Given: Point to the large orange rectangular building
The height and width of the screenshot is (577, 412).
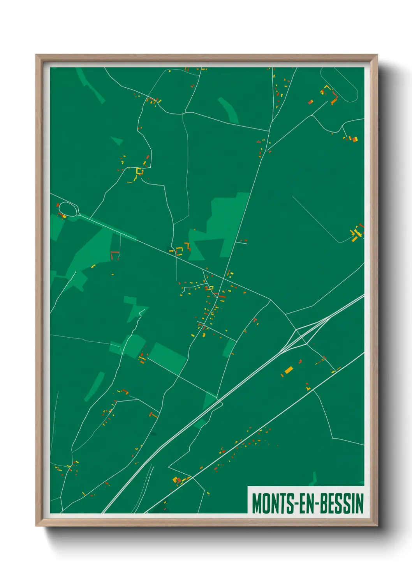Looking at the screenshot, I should (x=289, y=370).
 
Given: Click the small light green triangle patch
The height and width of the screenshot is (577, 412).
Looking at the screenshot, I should (x=117, y=140).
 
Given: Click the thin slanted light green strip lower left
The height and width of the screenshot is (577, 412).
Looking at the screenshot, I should (x=95, y=386).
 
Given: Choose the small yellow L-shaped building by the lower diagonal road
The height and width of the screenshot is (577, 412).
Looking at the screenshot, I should (x=308, y=387).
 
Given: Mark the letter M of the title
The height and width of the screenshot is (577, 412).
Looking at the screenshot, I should (x=257, y=503).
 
